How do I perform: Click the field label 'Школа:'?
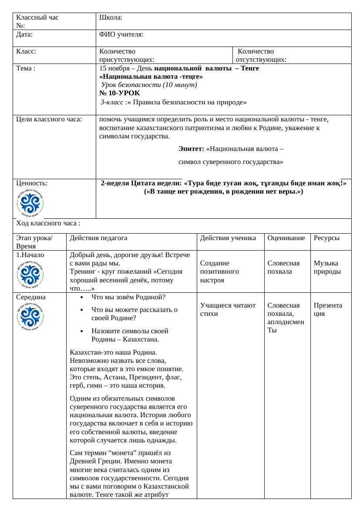point(111,18)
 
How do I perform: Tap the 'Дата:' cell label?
point(24,34)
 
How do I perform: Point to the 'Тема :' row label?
point(26,68)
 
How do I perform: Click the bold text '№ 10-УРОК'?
point(120,93)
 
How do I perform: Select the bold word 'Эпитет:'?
point(191,149)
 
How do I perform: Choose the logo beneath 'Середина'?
point(30,318)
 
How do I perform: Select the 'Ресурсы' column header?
point(326,238)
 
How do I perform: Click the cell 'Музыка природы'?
point(327,268)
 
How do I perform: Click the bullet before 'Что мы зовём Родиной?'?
point(83,298)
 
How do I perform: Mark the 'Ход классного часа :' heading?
point(48,224)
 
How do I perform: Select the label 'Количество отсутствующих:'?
point(261,56)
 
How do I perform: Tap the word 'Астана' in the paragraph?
point(114,377)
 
